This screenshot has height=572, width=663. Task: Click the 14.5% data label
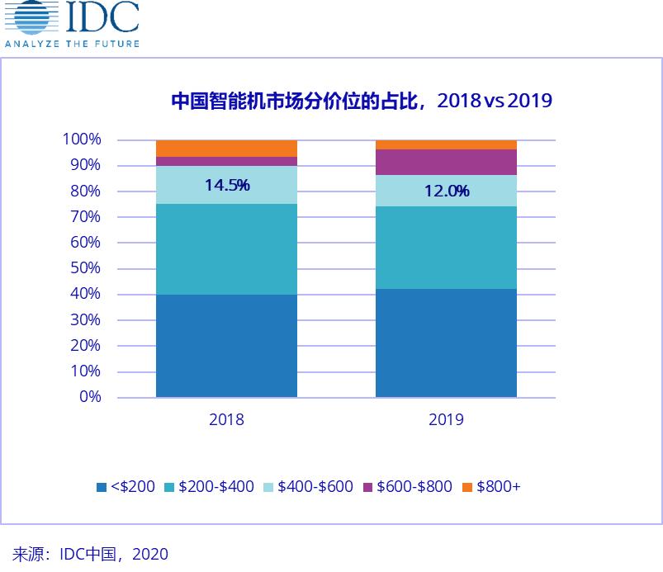[x=227, y=185]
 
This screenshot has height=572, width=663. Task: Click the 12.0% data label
[x=447, y=191]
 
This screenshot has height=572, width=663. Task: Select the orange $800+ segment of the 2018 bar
[x=226, y=149]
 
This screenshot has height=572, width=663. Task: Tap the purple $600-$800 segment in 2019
[x=446, y=162]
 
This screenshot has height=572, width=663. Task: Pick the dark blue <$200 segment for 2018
[x=226, y=346]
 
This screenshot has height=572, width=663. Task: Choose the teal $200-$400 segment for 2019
[x=446, y=248]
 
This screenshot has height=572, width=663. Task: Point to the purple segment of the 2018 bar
[x=226, y=161]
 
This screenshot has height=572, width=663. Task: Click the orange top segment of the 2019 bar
[x=446, y=144]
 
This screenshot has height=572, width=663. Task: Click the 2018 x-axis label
[x=226, y=419]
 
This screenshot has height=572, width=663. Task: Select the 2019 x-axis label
[x=446, y=419]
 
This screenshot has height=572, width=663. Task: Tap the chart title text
[x=361, y=101]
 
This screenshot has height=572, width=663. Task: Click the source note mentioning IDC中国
[x=90, y=554]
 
